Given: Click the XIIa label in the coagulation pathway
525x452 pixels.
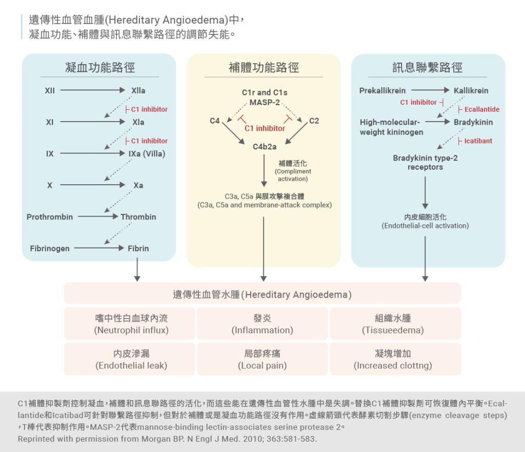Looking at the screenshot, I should pos(138,91).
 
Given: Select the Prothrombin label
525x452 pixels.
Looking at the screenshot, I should pos(50,217).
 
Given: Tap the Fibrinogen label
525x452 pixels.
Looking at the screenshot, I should pos(50,248).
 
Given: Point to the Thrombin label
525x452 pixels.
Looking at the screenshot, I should pos(138,217).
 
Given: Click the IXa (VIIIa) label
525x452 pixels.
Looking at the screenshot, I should pos(147,153).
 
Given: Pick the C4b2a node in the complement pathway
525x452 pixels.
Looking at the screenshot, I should pos(265,147).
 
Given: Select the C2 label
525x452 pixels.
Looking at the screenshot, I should pos(314,121).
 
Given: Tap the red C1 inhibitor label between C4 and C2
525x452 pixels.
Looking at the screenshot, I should pos(265,128).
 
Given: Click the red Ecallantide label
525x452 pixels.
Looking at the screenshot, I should pos(481,109).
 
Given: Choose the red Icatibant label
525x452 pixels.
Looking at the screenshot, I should pos(478,141).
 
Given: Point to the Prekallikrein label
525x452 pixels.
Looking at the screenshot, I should pos(382,91).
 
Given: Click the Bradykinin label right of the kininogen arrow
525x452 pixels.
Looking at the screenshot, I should pos(473,122).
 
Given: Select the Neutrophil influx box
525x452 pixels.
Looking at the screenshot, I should pos(131,324).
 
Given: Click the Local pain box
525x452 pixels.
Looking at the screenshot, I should pos(262,359).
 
